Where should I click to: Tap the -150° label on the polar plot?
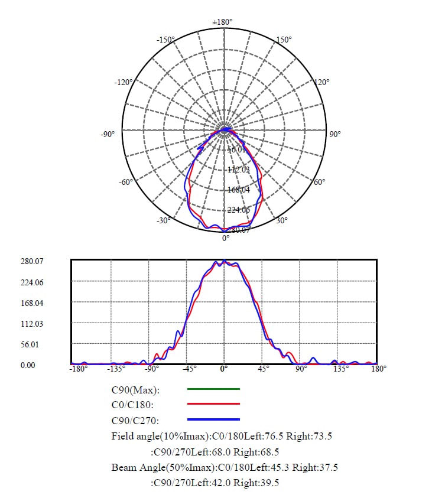point(165,40)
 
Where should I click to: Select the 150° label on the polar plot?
point(284,40)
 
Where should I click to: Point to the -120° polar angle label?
point(123,82)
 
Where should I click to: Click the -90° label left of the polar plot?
point(107,135)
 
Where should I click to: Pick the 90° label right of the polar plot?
point(335,135)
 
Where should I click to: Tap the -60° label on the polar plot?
point(126,182)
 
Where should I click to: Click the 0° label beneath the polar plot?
point(226,239)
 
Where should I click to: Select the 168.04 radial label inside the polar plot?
point(239,190)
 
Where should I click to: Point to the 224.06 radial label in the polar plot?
point(239,210)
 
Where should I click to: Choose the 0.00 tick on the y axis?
point(28,365)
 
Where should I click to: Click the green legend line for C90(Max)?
point(213,389)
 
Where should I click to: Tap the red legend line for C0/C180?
point(213,404)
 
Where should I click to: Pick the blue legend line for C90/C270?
point(213,419)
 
